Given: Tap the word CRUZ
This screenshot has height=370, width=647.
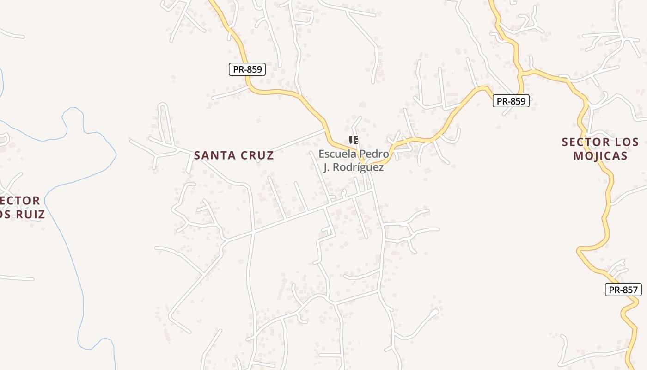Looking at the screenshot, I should [256, 155].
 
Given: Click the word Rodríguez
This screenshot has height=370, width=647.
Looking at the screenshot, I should [358, 167].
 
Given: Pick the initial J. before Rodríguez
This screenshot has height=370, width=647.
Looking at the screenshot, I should [326, 167].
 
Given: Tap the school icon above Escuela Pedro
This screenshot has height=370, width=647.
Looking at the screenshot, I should [354, 140].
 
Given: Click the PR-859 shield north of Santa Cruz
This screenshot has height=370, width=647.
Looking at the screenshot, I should [247, 69].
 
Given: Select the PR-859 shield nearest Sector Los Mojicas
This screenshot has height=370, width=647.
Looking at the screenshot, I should [511, 101].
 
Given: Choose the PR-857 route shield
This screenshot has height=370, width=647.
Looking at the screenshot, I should [623, 290].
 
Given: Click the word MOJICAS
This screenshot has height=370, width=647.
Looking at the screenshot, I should [600, 155].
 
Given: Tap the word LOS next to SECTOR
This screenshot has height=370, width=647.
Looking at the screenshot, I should [627, 142].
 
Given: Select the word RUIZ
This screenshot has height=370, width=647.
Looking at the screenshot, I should [31, 215].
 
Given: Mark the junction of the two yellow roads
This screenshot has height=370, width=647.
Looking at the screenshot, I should [522, 73].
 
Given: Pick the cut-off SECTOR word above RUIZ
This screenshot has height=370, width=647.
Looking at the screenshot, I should [20, 201].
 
